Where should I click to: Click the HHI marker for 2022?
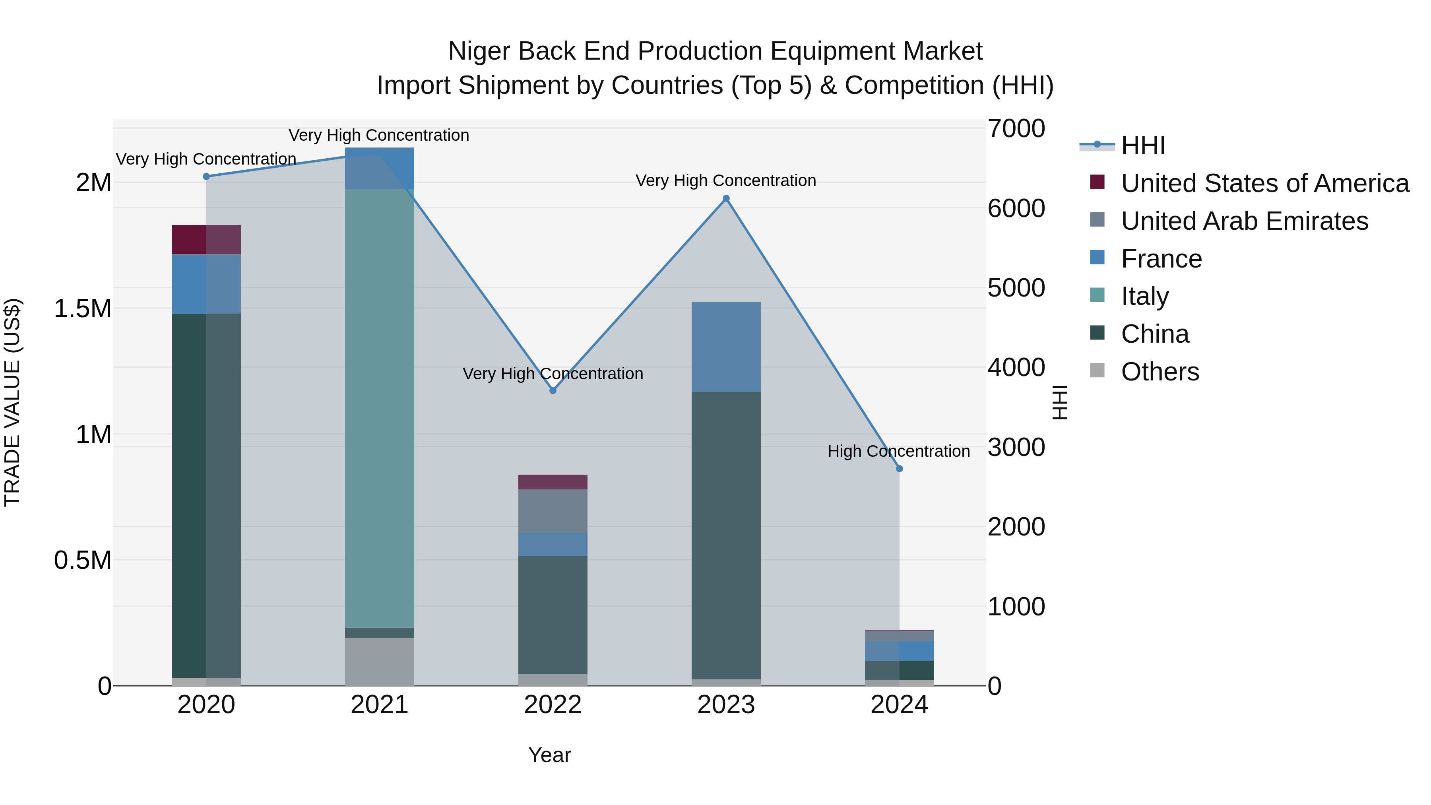pyautogui.click(x=553, y=390)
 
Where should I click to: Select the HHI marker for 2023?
pyautogui.click(x=726, y=198)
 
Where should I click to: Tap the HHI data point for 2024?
pyautogui.click(x=900, y=468)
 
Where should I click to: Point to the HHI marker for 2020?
pyautogui.click(x=206, y=176)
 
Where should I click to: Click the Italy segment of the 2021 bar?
pyautogui.click(x=380, y=408)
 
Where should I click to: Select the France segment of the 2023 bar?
pyautogui.click(x=726, y=347)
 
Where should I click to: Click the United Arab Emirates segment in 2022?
pyautogui.click(x=553, y=511)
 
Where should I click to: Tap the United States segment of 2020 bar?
pyautogui.click(x=206, y=239)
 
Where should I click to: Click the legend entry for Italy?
pyautogui.click(x=1144, y=296)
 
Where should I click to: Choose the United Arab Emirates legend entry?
pyautogui.click(x=1244, y=221)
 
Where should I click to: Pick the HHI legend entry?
pyautogui.click(x=1143, y=145)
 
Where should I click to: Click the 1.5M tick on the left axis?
pyautogui.click(x=83, y=309)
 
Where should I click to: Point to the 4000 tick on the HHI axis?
pyautogui.click(x=1016, y=368)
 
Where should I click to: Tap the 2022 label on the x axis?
pyautogui.click(x=553, y=705)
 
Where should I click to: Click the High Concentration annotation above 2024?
pyautogui.click(x=898, y=451)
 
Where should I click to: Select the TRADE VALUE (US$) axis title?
pyautogui.click(x=12, y=402)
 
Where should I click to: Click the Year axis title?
pyautogui.click(x=549, y=755)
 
